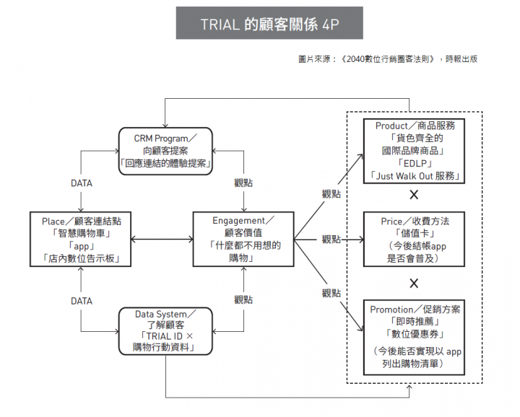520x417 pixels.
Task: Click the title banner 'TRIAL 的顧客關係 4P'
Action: pyautogui.click(x=269, y=23)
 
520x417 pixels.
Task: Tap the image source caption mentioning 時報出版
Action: pyautogui.click(x=388, y=59)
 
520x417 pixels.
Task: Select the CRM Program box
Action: pyautogui.click(x=165, y=151)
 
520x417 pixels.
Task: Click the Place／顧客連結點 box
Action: pyautogui.click(x=81, y=239)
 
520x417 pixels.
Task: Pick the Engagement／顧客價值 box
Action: pyautogui.click(x=243, y=239)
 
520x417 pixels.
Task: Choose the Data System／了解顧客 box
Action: pyautogui.click(x=165, y=331)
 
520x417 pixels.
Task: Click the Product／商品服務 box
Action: pyautogui.click(x=415, y=151)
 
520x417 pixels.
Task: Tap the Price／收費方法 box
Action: pyautogui.click(x=415, y=239)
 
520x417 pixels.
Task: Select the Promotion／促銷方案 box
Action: pyautogui.click(x=415, y=338)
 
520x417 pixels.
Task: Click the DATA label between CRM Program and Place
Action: pyautogui.click(x=82, y=183)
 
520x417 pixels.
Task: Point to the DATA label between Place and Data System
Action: pyautogui.click(x=82, y=301)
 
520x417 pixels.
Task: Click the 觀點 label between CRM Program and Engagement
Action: pyautogui.click(x=243, y=183)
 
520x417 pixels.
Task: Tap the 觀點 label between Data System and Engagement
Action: pyautogui.click(x=243, y=299)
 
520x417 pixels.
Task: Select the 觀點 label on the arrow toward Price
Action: pyautogui.click(x=331, y=239)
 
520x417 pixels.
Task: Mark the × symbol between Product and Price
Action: pyautogui.click(x=414, y=194)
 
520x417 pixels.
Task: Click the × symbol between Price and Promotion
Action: pyautogui.click(x=414, y=284)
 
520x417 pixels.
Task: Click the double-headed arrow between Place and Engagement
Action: pyautogui.click(x=162, y=239)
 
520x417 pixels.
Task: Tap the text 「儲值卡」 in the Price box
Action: pyautogui.click(x=415, y=233)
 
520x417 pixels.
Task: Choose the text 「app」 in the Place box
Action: pyautogui.click(x=82, y=246)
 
